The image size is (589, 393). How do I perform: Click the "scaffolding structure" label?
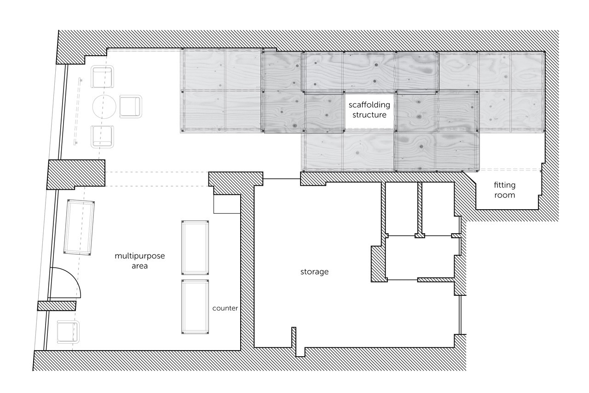pyautogui.click(x=369, y=110)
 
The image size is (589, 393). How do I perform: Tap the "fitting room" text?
pyautogui.click(x=504, y=190)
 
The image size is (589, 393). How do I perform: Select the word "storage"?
pyautogui.click(x=314, y=272)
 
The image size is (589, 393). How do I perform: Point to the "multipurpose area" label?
pyautogui.click(x=139, y=261)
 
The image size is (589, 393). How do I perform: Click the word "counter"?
pyautogui.click(x=225, y=308)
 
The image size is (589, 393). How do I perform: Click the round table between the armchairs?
pyautogui.click(x=104, y=106)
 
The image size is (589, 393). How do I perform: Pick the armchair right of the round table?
pyautogui.click(x=131, y=106)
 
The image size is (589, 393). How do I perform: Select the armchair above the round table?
pyautogui.click(x=102, y=77)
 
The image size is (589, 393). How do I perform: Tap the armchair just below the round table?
pyautogui.click(x=102, y=137)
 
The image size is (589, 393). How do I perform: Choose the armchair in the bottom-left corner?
pyautogui.click(x=68, y=332)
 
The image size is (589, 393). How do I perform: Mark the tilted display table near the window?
pyautogui.click(x=79, y=228)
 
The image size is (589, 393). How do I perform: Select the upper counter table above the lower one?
pyautogui.click(x=195, y=248)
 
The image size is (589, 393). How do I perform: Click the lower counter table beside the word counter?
pyautogui.click(x=195, y=307)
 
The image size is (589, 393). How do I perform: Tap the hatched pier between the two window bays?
pyautogui.click(x=76, y=175)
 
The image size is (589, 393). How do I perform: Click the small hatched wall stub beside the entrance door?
pyautogui.click(x=57, y=306)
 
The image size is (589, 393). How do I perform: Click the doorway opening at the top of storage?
pyautogui.click(x=282, y=179)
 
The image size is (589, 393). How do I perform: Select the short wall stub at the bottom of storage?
pyautogui.click(x=294, y=337)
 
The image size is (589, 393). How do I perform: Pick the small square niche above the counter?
pyautogui.click(x=227, y=204)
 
